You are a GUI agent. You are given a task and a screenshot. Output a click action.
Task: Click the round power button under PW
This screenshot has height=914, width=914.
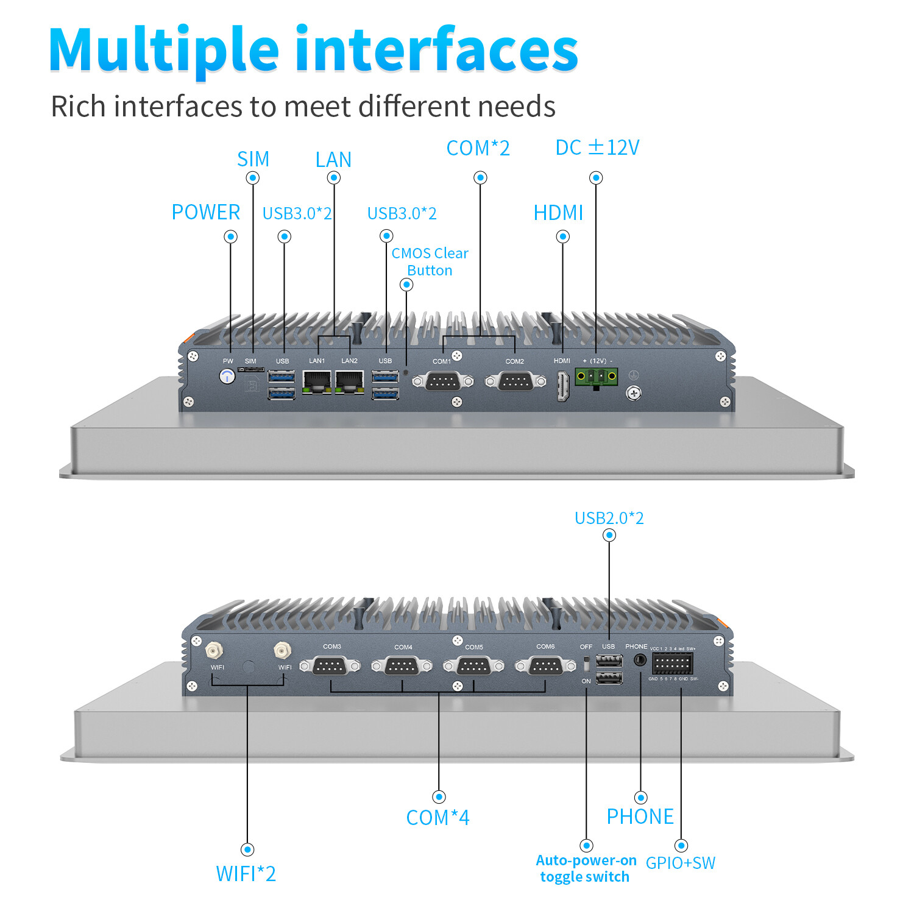(x=227, y=377)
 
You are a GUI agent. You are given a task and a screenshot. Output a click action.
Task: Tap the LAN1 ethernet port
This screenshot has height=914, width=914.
(x=317, y=381)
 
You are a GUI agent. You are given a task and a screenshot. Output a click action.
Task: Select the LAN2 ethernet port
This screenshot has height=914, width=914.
(x=349, y=381)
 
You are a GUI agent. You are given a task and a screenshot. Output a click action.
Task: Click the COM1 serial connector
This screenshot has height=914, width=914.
(x=442, y=381)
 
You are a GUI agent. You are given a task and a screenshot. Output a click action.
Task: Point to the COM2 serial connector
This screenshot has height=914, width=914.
(x=515, y=381)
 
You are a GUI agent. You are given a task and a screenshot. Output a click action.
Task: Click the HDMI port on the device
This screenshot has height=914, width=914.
(x=562, y=386)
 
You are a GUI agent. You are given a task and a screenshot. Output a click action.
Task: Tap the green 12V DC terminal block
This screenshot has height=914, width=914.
(x=596, y=377)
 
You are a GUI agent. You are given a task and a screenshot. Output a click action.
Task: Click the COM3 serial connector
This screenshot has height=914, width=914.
(x=330, y=666)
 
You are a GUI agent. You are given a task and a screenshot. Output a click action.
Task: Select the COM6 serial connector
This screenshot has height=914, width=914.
(x=545, y=666)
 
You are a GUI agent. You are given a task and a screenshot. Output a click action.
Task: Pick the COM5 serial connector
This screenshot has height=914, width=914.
(x=473, y=666)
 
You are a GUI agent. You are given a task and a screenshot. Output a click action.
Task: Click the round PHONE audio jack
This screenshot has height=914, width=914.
(x=640, y=659)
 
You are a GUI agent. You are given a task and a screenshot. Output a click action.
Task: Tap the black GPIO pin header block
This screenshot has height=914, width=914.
(x=672, y=663)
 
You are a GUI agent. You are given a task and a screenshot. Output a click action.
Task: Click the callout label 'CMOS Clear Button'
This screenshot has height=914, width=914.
(x=430, y=261)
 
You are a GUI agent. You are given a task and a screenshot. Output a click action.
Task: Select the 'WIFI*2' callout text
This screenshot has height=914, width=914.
(x=246, y=874)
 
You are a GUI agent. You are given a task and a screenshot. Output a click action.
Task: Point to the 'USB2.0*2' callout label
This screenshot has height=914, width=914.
(x=609, y=518)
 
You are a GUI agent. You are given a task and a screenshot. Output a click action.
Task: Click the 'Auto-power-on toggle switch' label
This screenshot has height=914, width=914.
(x=586, y=868)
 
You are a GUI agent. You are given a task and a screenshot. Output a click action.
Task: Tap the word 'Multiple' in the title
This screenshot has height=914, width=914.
(x=164, y=50)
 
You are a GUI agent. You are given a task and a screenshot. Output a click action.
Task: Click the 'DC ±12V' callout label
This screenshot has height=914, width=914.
(x=597, y=147)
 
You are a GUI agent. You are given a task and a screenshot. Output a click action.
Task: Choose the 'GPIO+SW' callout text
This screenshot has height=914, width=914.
(x=680, y=863)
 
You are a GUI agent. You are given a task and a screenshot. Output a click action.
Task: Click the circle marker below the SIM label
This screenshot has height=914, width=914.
(x=253, y=178)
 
